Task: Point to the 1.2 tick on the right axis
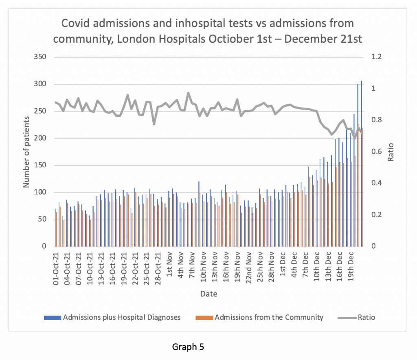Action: [376, 57]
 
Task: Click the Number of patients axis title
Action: [26, 152]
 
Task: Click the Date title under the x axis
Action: [208, 294]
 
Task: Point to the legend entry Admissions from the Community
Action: [269, 317]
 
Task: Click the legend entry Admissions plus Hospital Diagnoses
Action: [122, 317]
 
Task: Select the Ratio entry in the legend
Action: [367, 317]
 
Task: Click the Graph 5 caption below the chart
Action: [188, 347]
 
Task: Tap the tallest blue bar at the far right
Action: [361, 163]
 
